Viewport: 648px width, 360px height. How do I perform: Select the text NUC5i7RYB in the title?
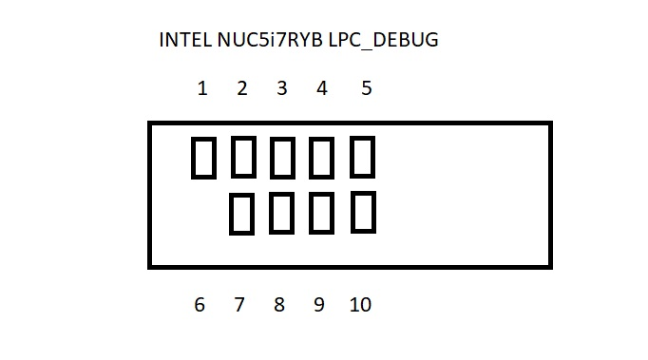coord(269,41)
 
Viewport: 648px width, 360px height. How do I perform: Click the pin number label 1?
coord(202,88)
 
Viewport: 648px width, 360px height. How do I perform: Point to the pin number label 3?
coord(282,88)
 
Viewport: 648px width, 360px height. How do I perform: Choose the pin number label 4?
coord(322,88)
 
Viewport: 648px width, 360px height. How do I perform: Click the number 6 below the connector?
coord(200,305)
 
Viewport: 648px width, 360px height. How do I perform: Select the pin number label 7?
coord(239,305)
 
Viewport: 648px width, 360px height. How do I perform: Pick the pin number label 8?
coord(279,305)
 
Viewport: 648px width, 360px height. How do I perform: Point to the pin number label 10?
coord(360,305)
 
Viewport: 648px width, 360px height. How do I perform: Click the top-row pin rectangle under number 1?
coord(203,158)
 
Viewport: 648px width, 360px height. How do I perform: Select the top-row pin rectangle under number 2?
coord(243,158)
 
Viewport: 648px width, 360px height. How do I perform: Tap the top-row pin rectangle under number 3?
coord(282,158)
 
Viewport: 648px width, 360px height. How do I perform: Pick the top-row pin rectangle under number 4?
coord(322,158)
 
